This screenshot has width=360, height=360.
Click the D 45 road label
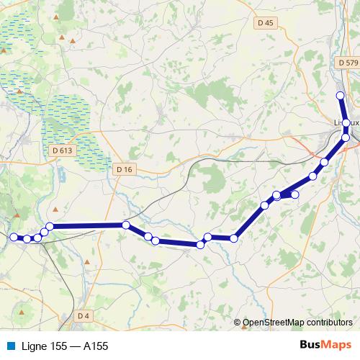pos(266,23)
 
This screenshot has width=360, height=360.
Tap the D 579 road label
pos(348,63)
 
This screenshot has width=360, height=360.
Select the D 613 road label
pos(63,150)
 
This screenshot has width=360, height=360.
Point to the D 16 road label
pos(124,168)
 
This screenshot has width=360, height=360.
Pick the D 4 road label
pos(84,316)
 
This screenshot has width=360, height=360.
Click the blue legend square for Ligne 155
pos(11,346)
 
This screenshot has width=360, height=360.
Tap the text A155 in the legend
pos(96,346)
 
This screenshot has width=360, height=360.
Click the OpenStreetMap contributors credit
pos(298,323)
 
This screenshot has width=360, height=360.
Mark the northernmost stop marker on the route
pos(341,96)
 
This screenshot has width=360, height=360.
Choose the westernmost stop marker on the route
pos(13,237)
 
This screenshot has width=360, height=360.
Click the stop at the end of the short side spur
pos(294,194)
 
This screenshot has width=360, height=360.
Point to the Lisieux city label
pos(347,123)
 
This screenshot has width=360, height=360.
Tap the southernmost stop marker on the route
pos(200,245)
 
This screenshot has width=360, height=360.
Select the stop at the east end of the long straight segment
pos(125,225)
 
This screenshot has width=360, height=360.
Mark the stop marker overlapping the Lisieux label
pos(346,124)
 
